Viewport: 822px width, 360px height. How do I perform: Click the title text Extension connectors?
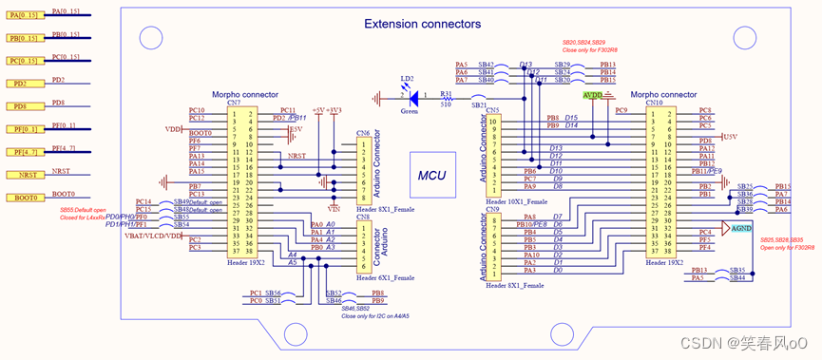coord(423,24)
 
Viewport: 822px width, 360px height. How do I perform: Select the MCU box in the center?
coord(432,176)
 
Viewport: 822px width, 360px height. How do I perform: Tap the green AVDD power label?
coord(592,95)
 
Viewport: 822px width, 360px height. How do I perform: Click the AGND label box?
coord(742,228)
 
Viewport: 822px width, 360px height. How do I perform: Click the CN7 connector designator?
coord(234,103)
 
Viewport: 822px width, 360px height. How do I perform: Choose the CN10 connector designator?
coord(654,103)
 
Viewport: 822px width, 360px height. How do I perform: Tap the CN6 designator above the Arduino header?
coord(362,134)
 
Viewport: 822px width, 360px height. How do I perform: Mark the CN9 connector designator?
coord(492,209)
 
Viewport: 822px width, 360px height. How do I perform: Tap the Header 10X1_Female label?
coord(515,201)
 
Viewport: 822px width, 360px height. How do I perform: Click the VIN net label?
coord(333,207)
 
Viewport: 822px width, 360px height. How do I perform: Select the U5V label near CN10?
coord(730,137)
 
